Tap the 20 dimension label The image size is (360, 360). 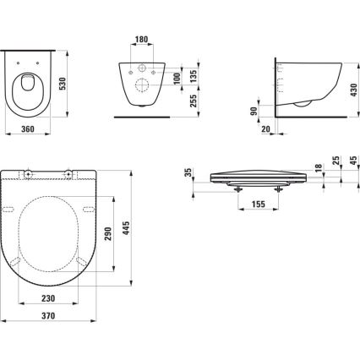[265, 129]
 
